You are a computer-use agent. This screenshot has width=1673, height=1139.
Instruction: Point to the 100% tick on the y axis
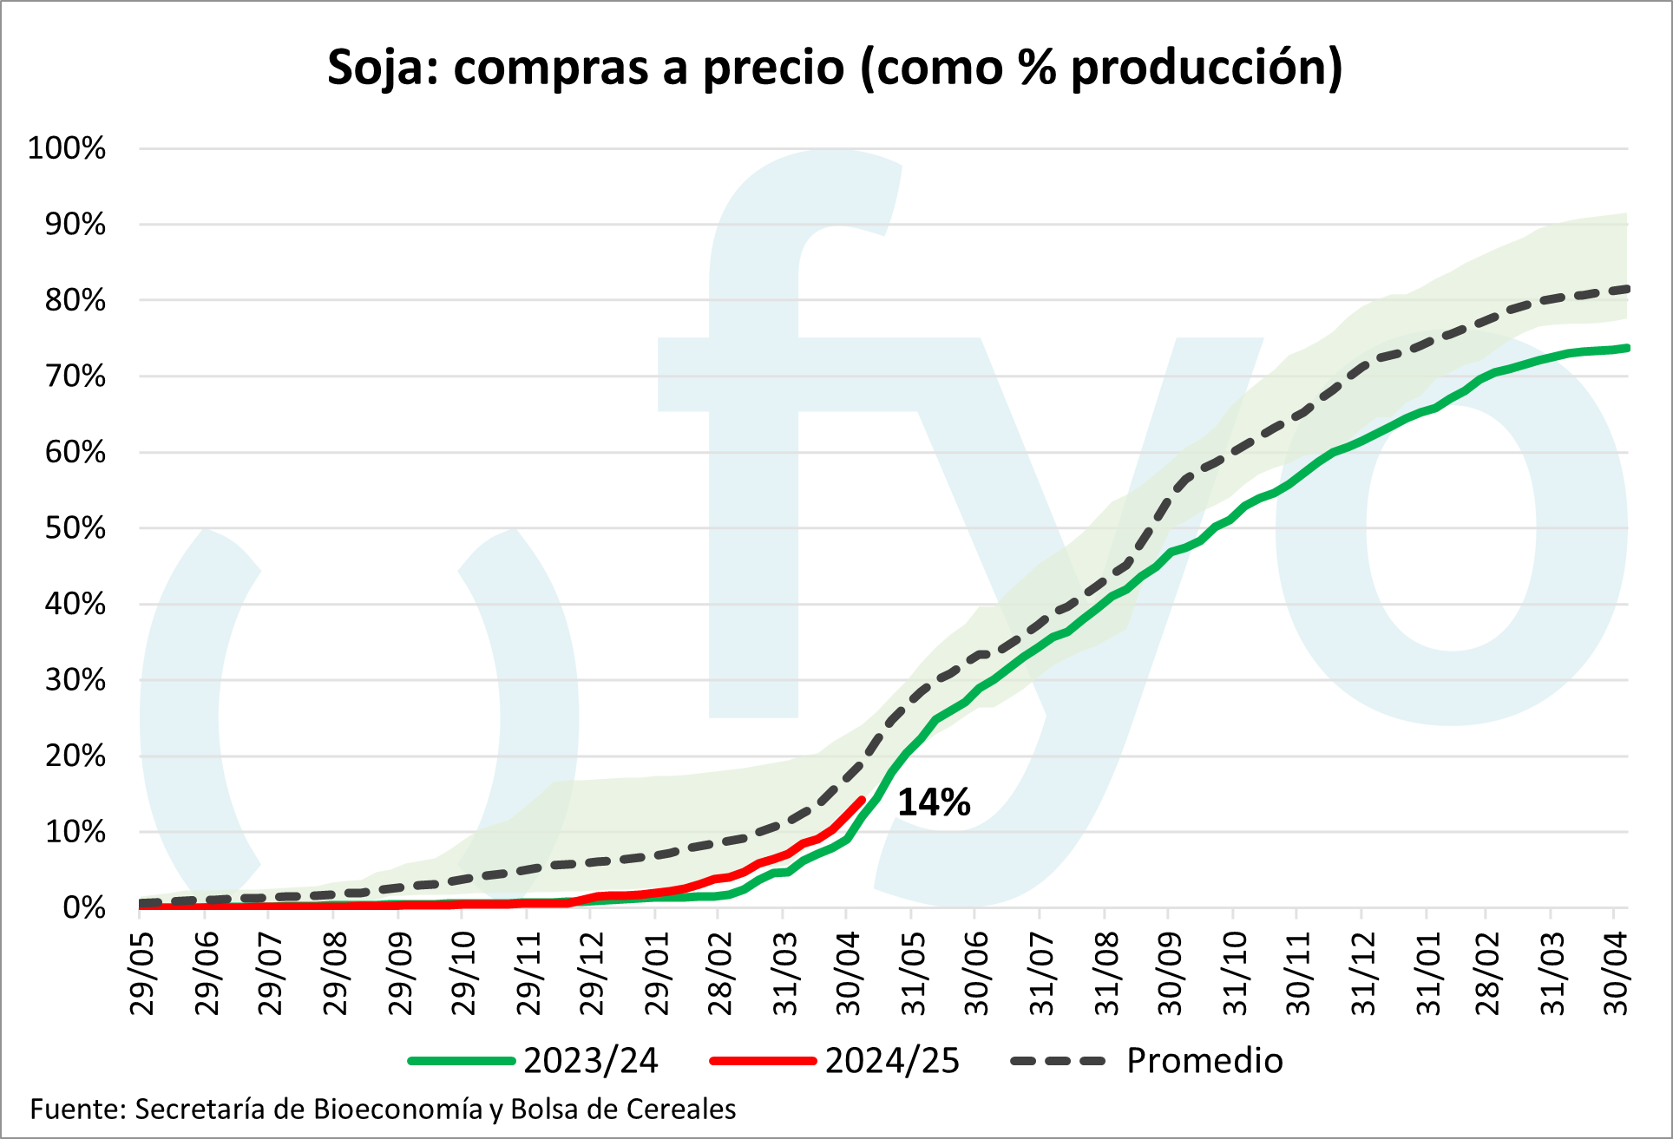67,148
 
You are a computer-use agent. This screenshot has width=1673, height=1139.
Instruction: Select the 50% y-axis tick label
75,528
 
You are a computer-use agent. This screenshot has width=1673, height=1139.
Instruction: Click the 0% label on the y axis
84,908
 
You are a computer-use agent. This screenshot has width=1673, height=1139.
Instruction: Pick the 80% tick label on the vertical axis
75,300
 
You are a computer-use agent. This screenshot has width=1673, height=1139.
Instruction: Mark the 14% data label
934,802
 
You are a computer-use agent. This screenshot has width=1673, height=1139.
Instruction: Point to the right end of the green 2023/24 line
1626,348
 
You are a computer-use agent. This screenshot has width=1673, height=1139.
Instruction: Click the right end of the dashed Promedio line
1626,289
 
